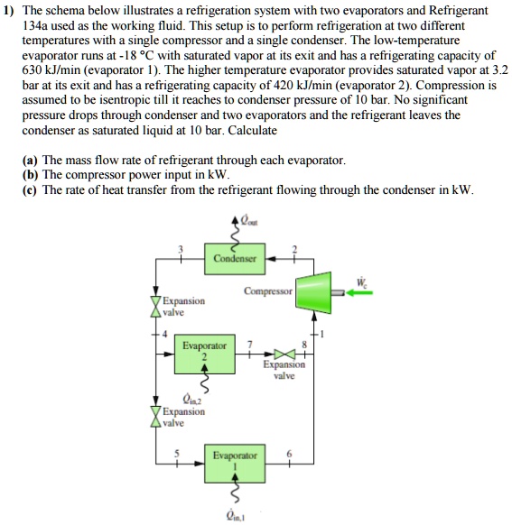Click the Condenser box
(235, 260)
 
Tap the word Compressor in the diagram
(268, 291)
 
